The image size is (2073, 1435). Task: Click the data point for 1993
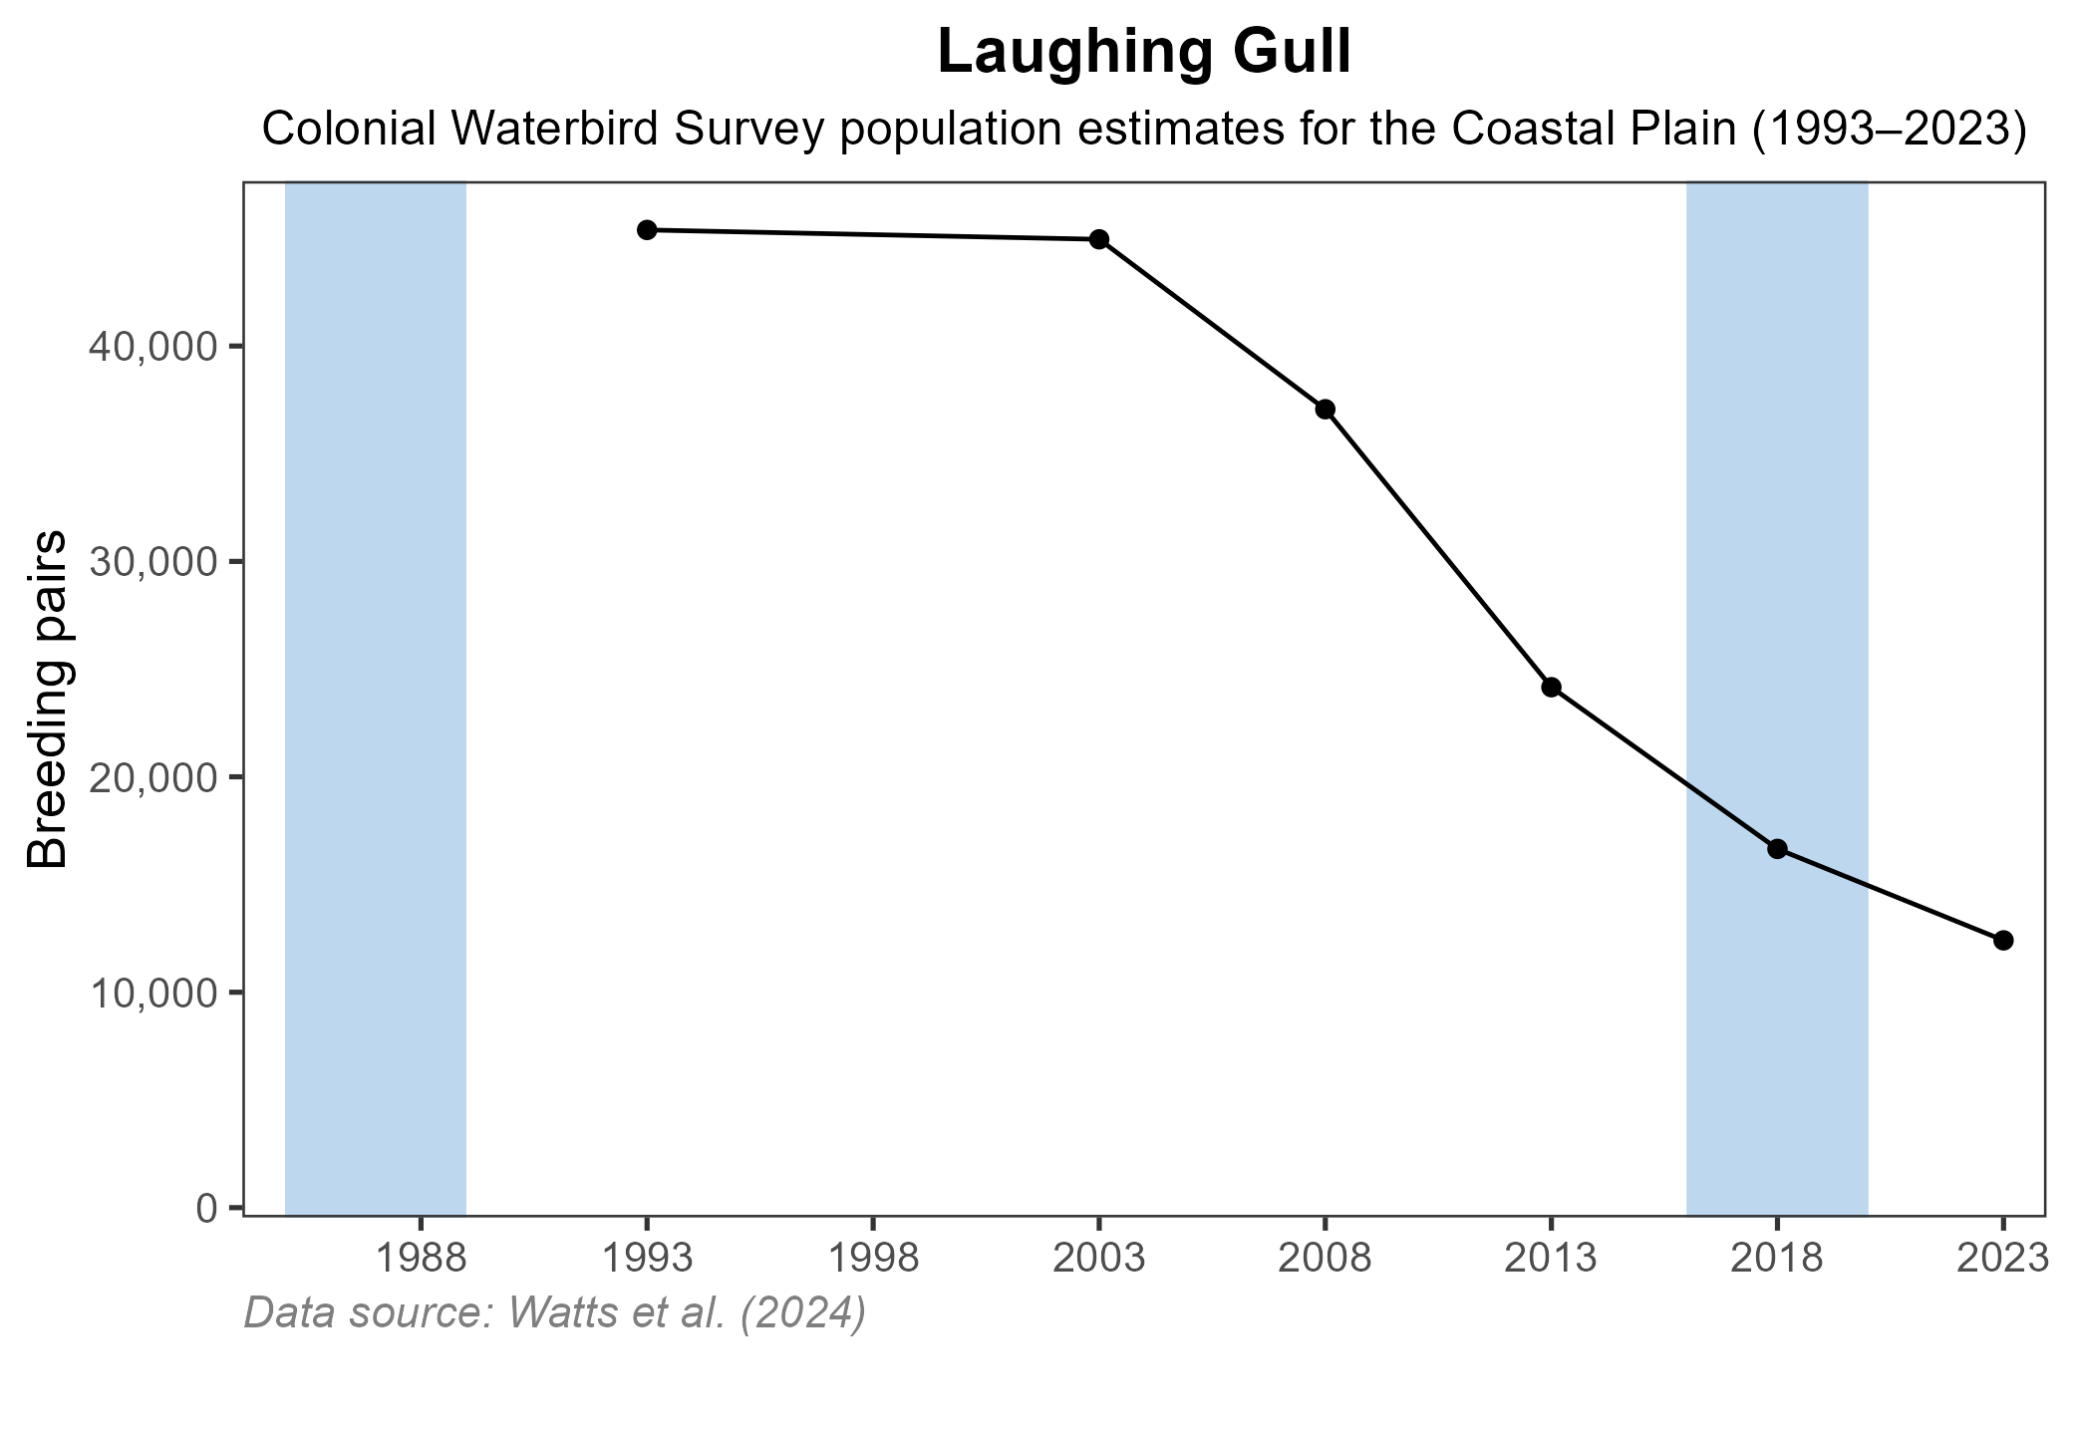tap(647, 230)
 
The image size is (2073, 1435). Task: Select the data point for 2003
tap(1099, 239)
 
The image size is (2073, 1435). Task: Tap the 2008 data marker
tap(1326, 410)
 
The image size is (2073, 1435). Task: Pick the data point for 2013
tap(1551, 687)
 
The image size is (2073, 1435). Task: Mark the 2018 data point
tap(1777, 849)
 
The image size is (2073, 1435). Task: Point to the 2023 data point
tap(2003, 940)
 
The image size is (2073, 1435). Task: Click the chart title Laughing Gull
tap(1144, 54)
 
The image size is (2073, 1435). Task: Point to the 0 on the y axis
tap(206, 1208)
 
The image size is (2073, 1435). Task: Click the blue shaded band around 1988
tap(376, 698)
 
